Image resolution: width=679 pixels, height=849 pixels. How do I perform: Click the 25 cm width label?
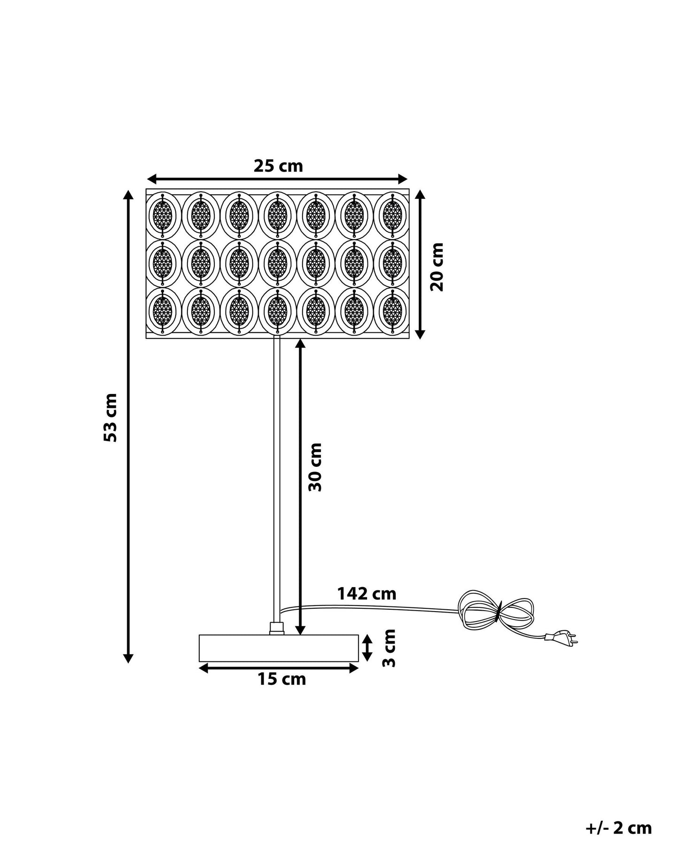[x=278, y=166]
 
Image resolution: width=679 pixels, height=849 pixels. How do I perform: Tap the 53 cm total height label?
[x=110, y=417]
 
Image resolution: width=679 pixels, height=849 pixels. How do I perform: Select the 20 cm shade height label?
[x=437, y=267]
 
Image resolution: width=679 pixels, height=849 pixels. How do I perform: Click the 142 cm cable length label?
[x=367, y=594]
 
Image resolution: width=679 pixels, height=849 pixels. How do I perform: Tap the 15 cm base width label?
[x=281, y=679]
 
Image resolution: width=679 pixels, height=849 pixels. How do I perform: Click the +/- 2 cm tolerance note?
[x=619, y=828]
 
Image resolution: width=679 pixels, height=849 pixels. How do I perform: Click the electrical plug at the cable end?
[x=561, y=637]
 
